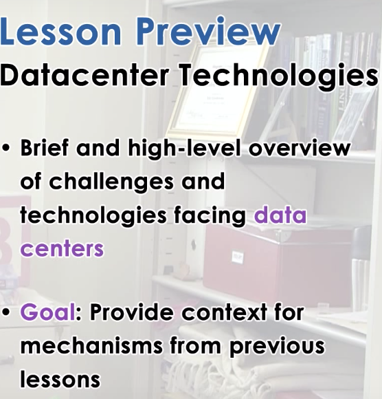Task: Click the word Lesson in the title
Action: (60, 31)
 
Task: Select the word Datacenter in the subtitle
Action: (84, 74)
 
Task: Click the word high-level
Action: (185, 149)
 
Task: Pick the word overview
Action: (300, 149)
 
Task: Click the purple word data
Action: (280, 215)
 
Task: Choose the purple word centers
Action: (62, 248)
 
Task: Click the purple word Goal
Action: (48, 312)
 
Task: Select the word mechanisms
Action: (91, 345)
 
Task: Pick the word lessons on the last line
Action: (60, 378)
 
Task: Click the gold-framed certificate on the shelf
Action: (218, 89)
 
